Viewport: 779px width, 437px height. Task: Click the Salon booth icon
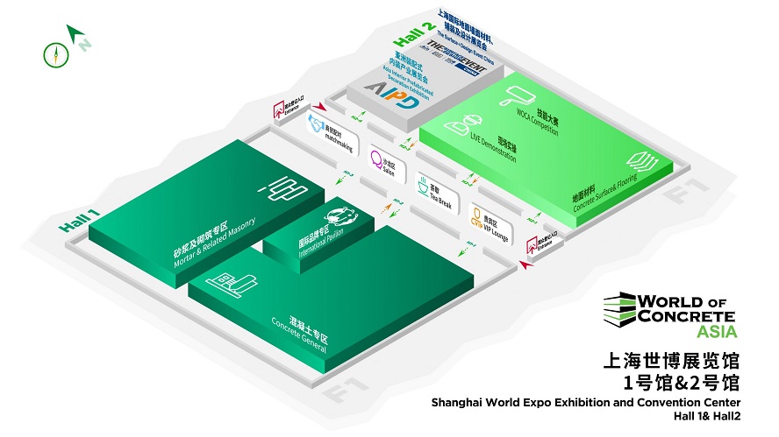tap(378, 161)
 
